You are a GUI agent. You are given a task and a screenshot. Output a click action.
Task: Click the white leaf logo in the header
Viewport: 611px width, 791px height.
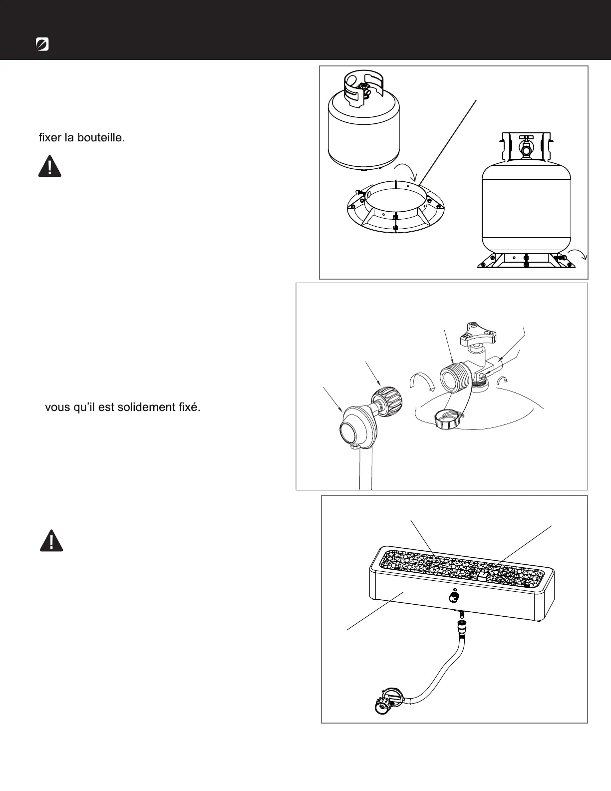[42, 44]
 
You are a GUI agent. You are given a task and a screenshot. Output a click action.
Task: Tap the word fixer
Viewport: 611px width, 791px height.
[51, 137]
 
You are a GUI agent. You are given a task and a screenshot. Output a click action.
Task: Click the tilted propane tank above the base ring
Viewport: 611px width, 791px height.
[365, 125]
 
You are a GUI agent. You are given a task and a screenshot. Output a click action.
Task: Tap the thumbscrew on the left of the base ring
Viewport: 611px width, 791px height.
[360, 191]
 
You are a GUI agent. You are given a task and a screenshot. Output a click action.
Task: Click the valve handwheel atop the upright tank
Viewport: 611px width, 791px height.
[525, 137]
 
